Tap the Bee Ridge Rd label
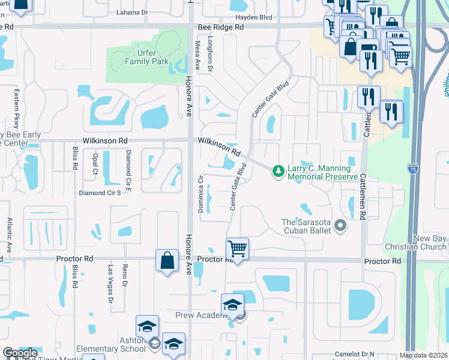(221, 28)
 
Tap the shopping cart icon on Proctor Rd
(237, 248)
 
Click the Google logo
(20, 353)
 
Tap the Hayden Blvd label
(262, 17)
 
